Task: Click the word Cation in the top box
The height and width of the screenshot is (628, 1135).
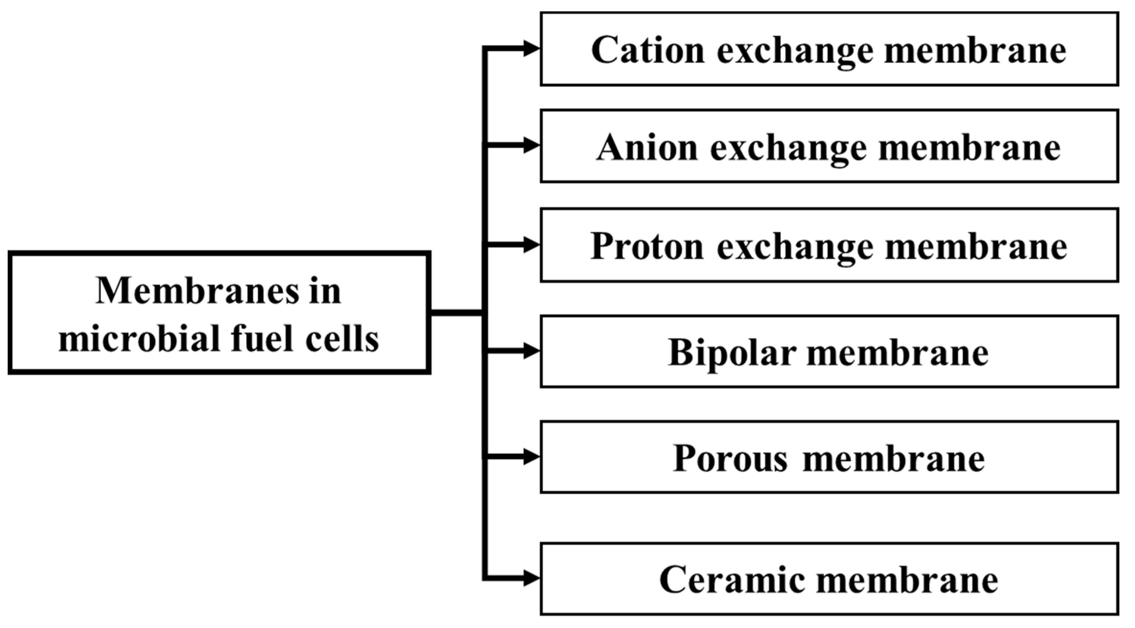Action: click(x=648, y=50)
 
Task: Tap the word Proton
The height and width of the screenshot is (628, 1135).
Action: click(x=647, y=246)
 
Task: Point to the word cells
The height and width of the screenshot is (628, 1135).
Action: click(x=342, y=339)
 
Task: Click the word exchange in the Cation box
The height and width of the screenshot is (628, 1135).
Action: click(x=795, y=51)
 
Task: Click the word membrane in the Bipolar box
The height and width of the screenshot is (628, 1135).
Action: click(x=898, y=353)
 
